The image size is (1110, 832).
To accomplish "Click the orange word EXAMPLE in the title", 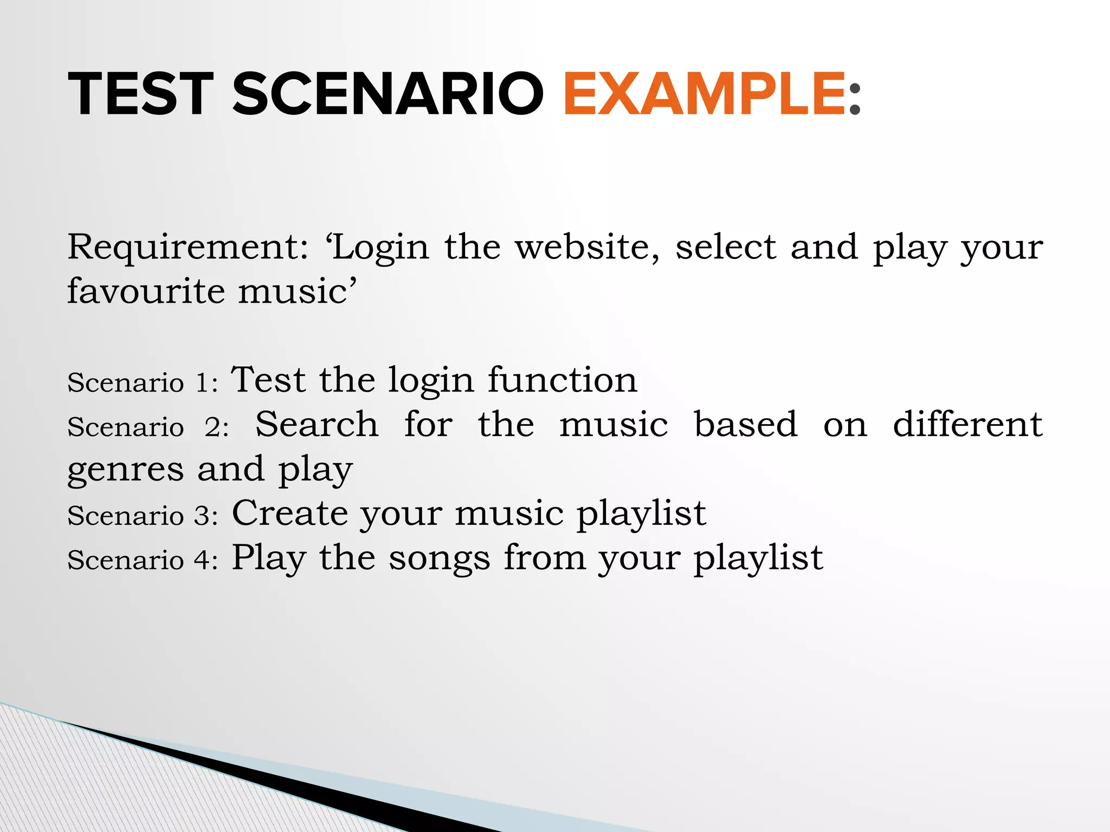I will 704,94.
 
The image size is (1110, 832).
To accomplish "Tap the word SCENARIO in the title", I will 388,94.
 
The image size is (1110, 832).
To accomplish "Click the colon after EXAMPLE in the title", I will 855,97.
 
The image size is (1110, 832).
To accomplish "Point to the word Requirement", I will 188,247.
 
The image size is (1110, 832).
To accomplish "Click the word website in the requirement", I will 587,247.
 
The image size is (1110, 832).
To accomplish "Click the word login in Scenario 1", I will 431,381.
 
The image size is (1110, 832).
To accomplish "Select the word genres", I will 125,470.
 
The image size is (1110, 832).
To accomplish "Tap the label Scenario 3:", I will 143,516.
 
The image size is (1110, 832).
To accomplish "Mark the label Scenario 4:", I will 143,560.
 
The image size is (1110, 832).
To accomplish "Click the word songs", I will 439,559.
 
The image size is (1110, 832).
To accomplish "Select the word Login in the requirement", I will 380,248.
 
